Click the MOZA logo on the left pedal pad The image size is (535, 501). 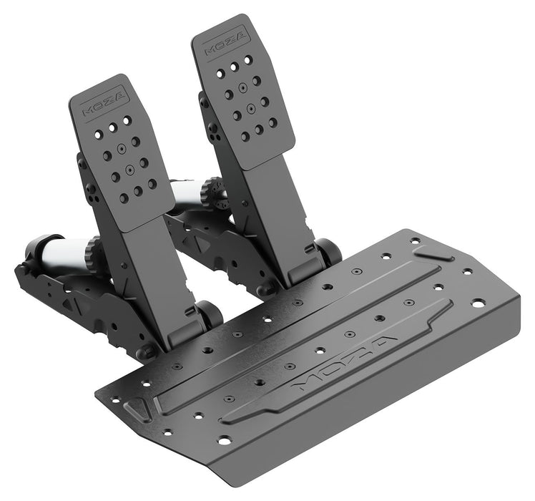click(x=104, y=102)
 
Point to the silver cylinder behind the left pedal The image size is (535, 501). click(x=65, y=251)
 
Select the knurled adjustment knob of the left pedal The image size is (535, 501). click(x=93, y=253)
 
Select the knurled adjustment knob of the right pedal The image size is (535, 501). click(x=208, y=193)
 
